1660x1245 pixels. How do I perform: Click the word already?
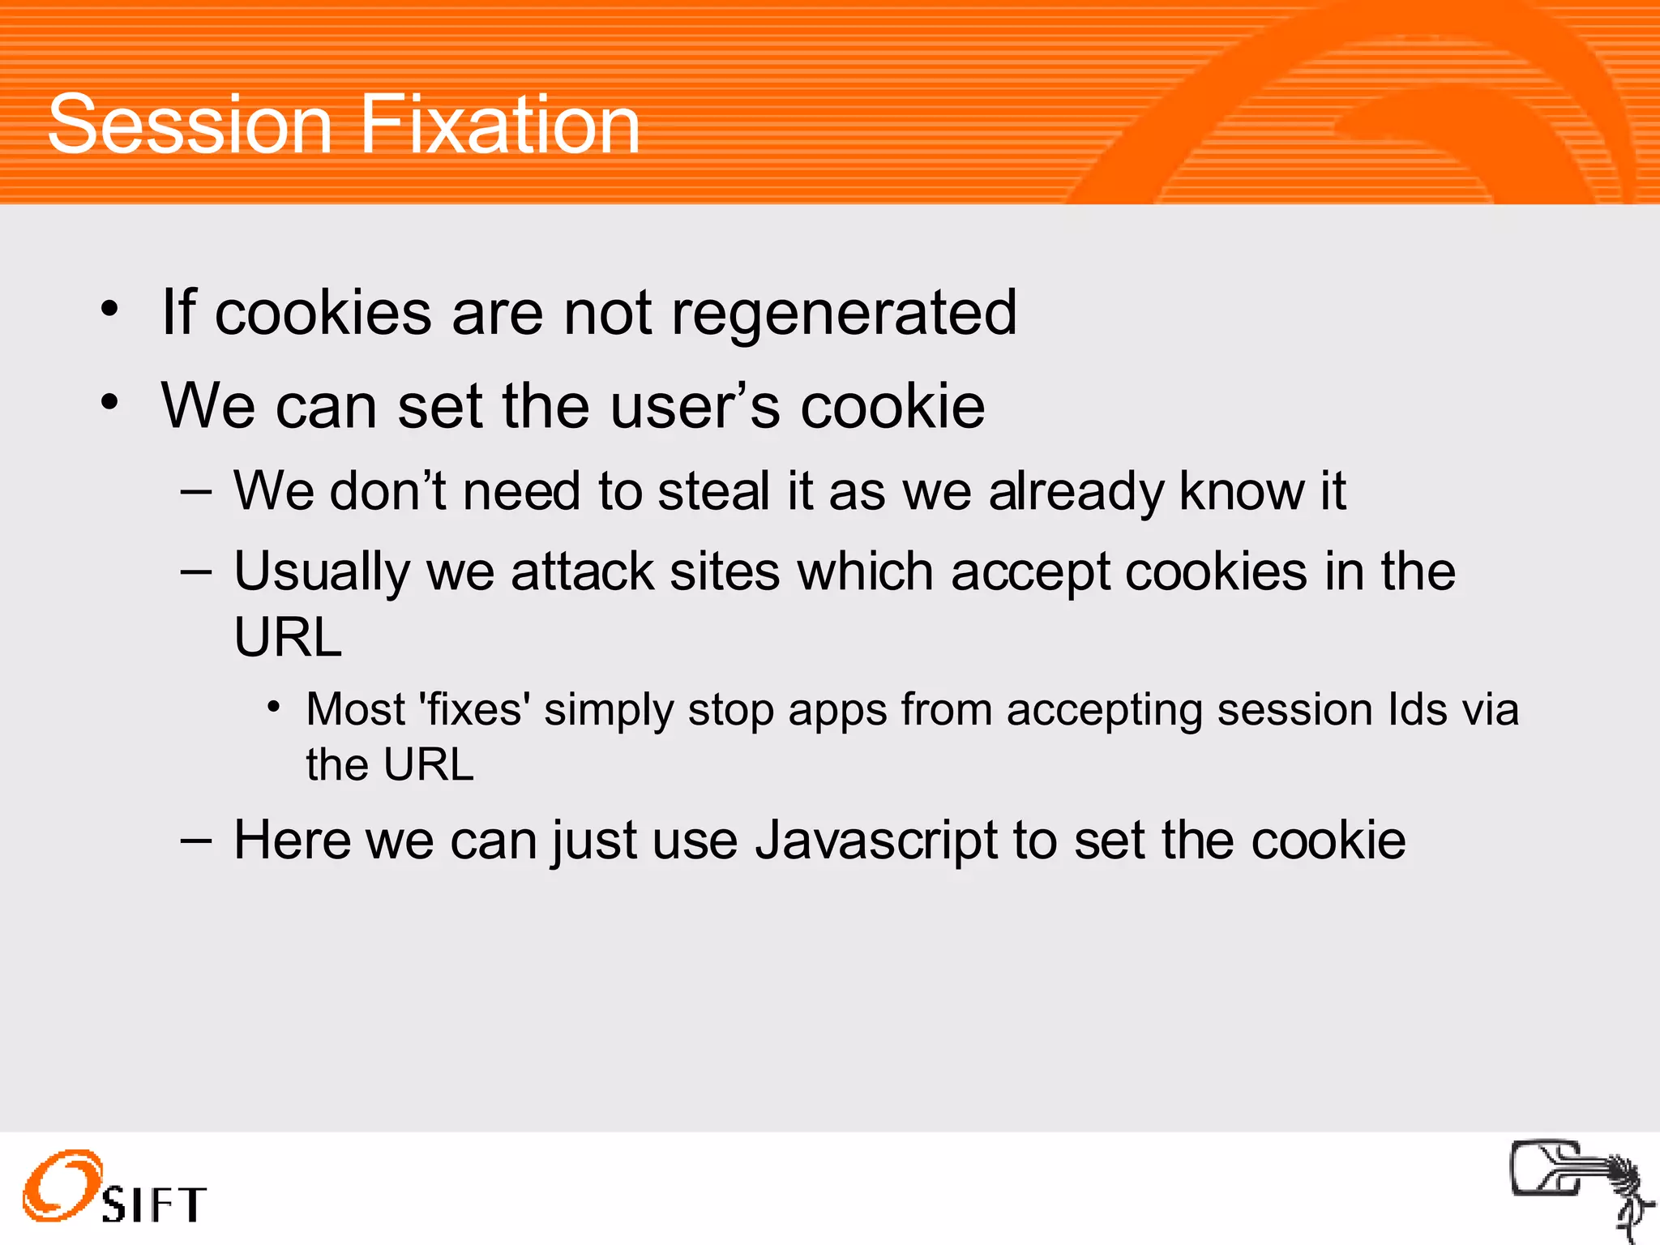(1076, 493)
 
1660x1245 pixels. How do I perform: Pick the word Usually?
(322, 572)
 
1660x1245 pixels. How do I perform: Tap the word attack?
(582, 572)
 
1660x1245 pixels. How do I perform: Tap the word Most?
(355, 710)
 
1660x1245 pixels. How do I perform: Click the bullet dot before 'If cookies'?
(110, 309)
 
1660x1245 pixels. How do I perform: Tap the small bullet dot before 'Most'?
(274, 708)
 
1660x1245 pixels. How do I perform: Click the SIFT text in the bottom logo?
(154, 1204)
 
